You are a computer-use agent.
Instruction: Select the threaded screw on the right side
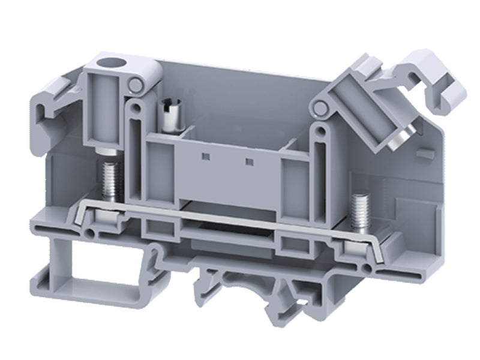pyautogui.click(x=360, y=211)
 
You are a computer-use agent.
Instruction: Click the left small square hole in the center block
pyautogui.click(x=206, y=157)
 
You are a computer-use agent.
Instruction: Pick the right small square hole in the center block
pyautogui.click(x=247, y=161)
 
